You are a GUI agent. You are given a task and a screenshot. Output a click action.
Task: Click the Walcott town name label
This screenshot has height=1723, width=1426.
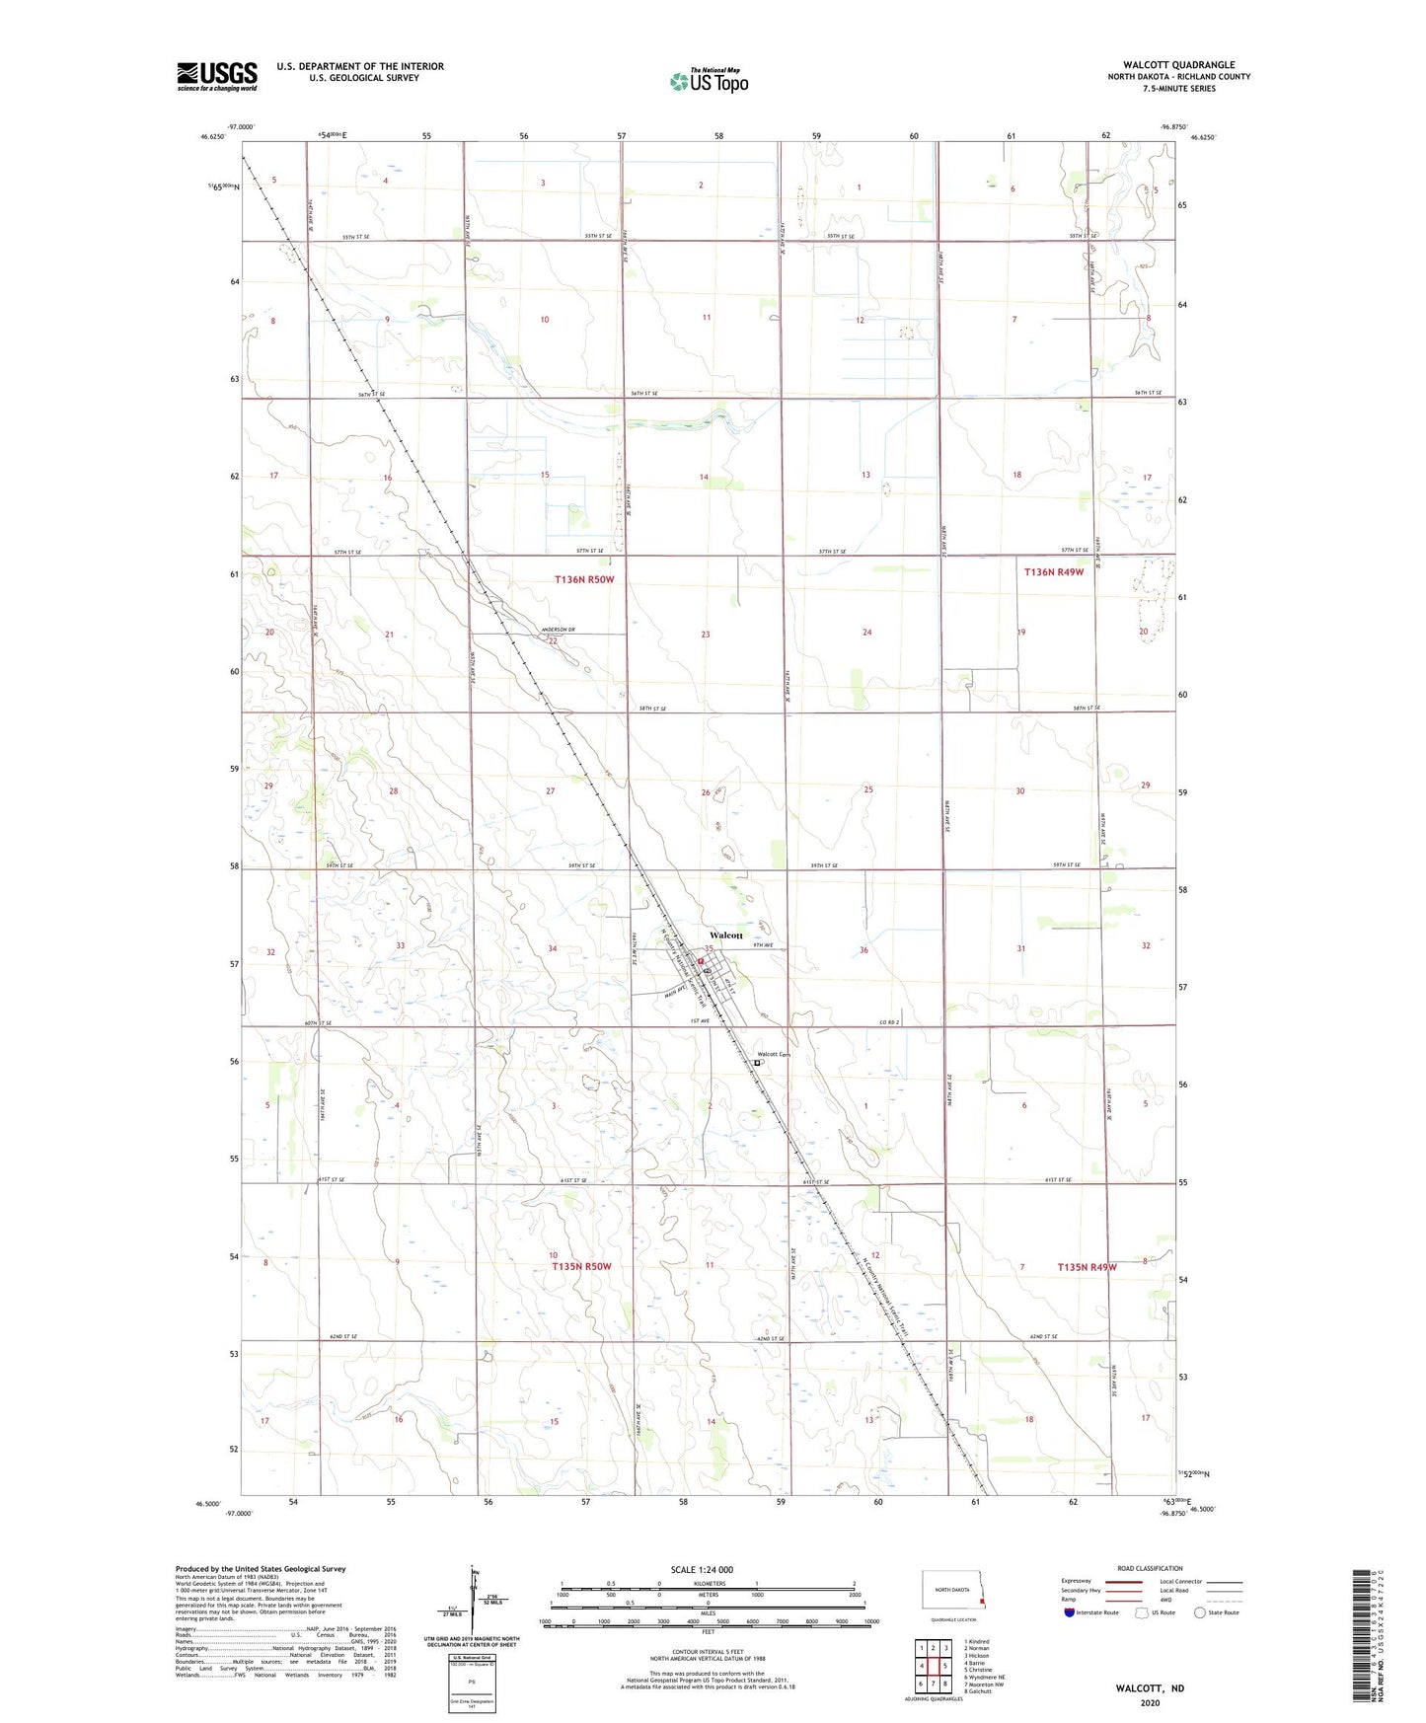726,935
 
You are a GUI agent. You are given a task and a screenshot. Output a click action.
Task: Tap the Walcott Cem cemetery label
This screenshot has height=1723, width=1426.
774,1054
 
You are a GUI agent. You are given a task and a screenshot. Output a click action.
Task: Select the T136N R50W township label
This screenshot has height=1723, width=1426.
583,579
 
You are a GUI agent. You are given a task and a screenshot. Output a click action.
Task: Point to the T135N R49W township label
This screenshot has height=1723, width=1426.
1087,1267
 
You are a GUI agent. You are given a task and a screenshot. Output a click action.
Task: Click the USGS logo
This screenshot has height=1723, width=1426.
217,76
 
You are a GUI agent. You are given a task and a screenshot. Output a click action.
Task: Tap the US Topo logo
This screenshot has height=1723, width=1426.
708,81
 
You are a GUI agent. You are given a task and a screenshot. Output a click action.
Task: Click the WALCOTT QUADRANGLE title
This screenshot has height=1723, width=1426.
1178,65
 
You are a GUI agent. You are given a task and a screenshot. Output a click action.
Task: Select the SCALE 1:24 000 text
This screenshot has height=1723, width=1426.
702,1570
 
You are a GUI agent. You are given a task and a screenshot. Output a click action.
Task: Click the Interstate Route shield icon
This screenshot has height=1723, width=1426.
1070,1613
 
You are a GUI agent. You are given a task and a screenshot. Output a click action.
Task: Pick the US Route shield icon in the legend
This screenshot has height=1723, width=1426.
1143,1613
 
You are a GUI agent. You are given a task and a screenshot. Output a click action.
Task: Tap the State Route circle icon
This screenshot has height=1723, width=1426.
1200,1613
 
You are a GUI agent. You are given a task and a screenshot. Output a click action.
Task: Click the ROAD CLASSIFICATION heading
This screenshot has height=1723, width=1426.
1150,1568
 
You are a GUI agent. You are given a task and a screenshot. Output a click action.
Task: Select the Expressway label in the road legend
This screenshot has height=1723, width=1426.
1077,1581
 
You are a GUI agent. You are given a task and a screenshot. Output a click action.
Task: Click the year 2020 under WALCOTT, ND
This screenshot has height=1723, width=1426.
1150,1703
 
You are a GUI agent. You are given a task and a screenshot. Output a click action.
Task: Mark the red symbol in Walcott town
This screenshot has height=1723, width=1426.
702,960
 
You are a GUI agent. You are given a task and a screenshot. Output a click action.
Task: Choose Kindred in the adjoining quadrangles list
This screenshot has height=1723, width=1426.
978,1642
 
